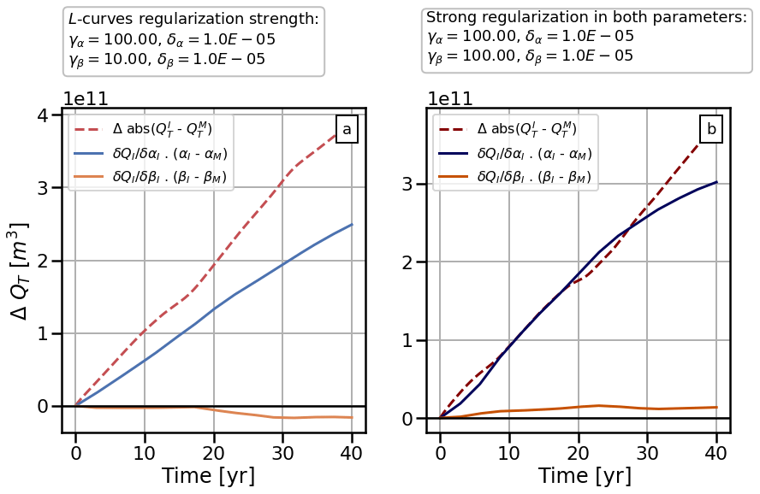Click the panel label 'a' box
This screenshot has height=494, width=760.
tap(347, 130)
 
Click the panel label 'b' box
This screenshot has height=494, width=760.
tap(711, 130)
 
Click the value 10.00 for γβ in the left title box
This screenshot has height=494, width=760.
tap(120, 59)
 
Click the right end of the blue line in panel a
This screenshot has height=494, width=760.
tap(352, 225)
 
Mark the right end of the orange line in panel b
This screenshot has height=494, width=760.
tap(716, 407)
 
